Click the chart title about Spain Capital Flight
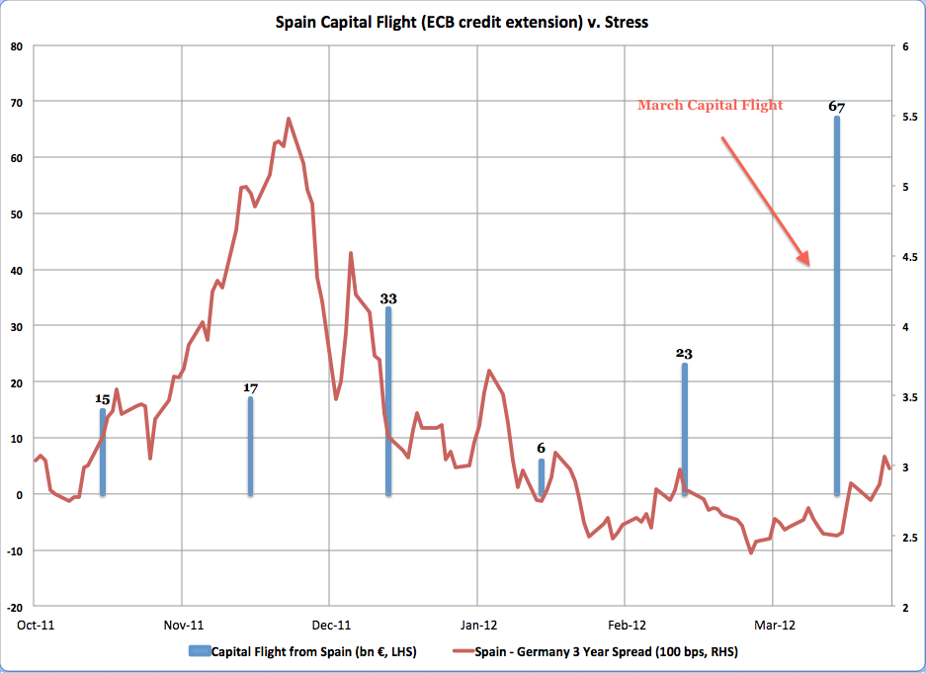tap(463, 21)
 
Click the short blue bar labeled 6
tap(541, 477)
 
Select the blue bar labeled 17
tap(250, 445)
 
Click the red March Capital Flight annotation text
tap(710, 106)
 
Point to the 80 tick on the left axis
tap(18, 45)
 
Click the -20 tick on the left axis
tap(16, 607)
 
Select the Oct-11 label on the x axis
tap(35, 625)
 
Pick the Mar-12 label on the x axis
tap(773, 625)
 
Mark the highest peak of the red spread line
tap(288, 119)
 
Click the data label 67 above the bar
tap(837, 107)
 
